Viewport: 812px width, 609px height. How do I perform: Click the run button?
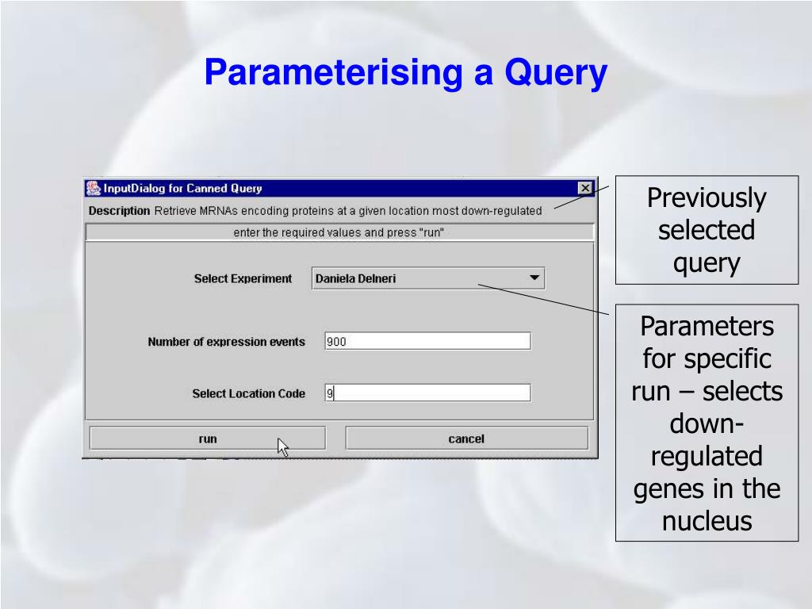207,439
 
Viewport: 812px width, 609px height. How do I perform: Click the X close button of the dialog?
585,188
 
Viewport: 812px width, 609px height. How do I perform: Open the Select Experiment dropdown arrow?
534,278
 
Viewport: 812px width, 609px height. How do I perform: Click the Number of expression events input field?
427,342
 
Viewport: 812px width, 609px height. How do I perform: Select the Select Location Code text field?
427,393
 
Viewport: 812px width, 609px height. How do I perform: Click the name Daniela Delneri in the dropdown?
355,278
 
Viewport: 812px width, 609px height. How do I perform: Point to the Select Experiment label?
243,279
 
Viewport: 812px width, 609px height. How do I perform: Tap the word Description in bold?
119,211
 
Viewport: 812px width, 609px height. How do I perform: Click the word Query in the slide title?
555,74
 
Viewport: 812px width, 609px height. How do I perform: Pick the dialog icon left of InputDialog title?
93,188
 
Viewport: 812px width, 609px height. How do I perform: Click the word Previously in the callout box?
707,198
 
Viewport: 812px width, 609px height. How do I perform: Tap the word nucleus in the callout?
707,521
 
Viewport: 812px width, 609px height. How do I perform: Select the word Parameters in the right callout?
707,326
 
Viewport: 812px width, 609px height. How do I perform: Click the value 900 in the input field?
337,342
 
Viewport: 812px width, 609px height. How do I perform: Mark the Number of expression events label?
226,342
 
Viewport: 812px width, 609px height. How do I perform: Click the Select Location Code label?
248,393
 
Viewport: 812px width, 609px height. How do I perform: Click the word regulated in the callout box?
707,456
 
